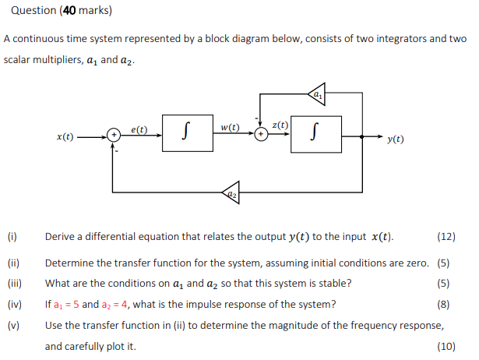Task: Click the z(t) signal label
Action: click(x=280, y=125)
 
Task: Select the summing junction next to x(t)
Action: click(x=113, y=136)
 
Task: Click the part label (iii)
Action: click(x=14, y=283)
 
